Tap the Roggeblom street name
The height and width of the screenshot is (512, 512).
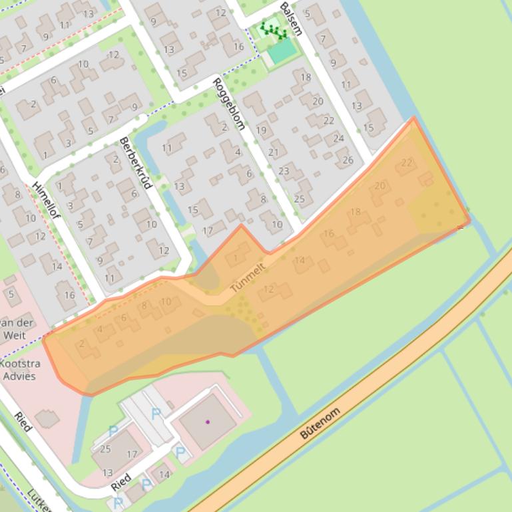click(229, 103)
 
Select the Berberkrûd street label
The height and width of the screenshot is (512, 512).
click(136, 162)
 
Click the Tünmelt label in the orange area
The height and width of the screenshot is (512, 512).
click(248, 278)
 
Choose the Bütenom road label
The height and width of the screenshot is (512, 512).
click(320, 423)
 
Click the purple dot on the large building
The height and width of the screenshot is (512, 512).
click(208, 422)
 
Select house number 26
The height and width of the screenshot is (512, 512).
click(348, 160)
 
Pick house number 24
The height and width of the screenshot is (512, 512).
click(338, 138)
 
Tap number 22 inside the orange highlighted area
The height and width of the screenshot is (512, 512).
click(407, 162)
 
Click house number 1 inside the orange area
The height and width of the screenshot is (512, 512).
click(236, 258)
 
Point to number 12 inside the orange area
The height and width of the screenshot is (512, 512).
click(269, 289)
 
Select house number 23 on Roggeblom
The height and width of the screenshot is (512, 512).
click(284, 171)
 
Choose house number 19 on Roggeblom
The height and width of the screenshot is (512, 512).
click(261, 130)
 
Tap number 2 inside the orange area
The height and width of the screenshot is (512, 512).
click(82, 343)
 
